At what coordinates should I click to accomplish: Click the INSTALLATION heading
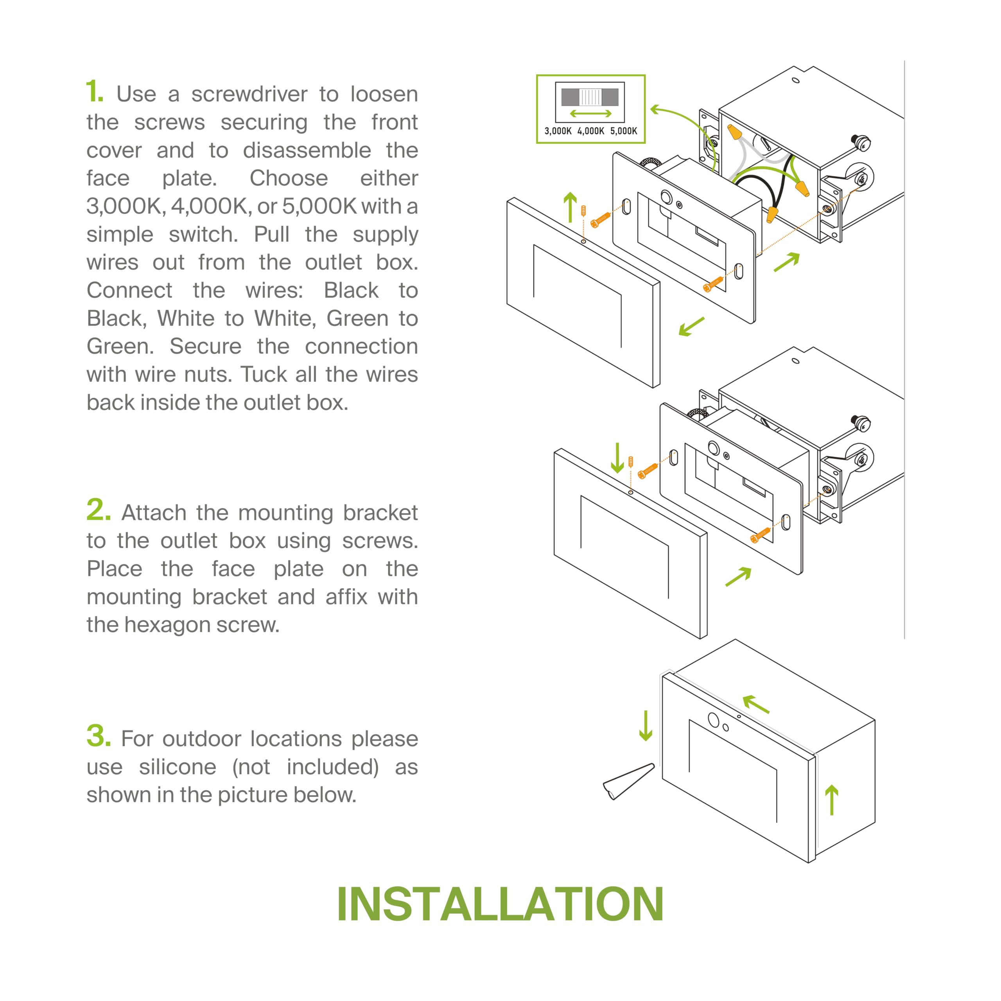(x=500, y=904)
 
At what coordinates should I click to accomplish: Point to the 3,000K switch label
(x=558, y=131)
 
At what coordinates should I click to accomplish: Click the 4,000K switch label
(x=591, y=131)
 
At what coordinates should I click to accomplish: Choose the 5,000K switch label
(x=623, y=131)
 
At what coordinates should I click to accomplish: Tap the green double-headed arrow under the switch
(x=591, y=113)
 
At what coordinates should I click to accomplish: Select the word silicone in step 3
(x=177, y=767)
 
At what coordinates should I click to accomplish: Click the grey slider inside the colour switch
(x=590, y=97)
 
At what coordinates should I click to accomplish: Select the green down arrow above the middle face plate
(x=617, y=458)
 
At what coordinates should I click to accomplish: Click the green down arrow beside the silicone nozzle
(x=646, y=725)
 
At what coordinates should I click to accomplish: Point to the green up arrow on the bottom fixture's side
(x=832, y=800)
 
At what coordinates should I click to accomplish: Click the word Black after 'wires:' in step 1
(x=351, y=291)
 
